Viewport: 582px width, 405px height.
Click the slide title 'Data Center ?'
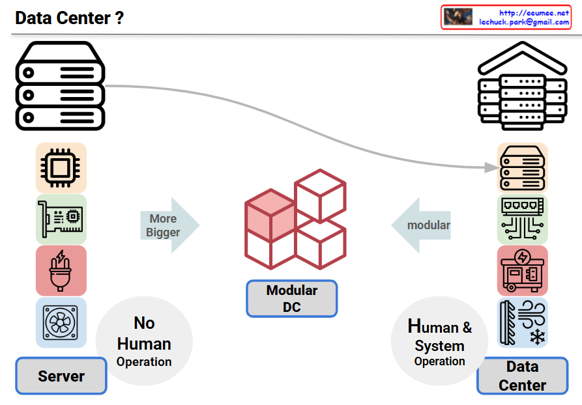coord(69,18)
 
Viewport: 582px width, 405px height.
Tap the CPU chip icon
coord(61,167)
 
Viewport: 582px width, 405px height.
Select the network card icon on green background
coord(61,219)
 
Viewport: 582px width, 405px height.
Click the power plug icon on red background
coord(61,270)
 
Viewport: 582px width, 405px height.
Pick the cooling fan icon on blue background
coord(61,322)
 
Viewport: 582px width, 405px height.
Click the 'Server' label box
coord(61,376)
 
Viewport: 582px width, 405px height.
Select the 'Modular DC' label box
coord(291,298)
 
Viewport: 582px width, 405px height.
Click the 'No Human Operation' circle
coord(144,341)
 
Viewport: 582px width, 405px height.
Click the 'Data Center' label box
coord(522,376)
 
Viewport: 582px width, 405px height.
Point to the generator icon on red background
coord(522,270)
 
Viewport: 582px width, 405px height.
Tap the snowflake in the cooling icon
coord(537,337)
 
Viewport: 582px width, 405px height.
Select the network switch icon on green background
coord(522,219)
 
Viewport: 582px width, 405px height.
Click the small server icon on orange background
coord(522,167)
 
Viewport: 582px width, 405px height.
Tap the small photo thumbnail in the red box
coord(459,17)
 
